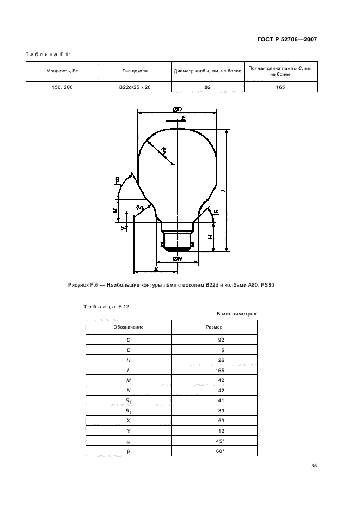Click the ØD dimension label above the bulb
point(177,110)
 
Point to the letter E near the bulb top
point(184,118)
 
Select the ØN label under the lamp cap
point(177,259)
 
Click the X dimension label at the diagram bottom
point(156,269)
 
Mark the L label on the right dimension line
point(224,191)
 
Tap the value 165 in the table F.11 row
point(280,87)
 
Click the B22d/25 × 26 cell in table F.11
point(135,87)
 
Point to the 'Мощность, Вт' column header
point(63,71)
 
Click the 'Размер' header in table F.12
point(213,327)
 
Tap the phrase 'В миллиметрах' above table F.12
point(236,314)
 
